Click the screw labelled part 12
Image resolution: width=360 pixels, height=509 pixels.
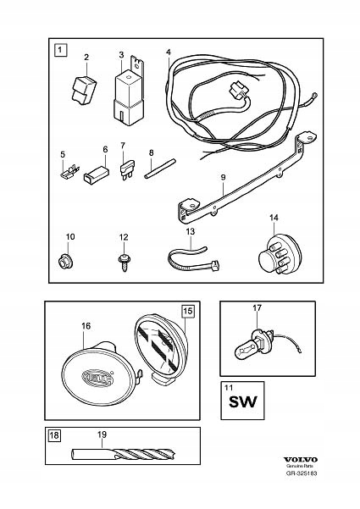pos(124,257)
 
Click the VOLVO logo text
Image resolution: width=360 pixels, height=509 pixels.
pos(314,479)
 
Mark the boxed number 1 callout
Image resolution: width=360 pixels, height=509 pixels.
pos(60,50)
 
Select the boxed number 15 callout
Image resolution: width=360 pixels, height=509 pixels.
pos(188,312)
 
